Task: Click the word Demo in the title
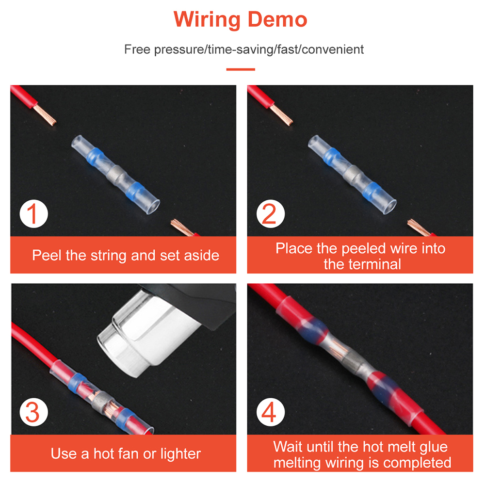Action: (277, 19)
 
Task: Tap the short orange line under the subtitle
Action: (241, 69)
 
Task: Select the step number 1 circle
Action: (34, 214)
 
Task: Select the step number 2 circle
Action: (270, 214)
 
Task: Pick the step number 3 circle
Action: (34, 412)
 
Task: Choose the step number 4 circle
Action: (270, 412)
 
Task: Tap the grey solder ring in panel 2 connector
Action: (351, 174)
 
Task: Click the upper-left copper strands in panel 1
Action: (45, 115)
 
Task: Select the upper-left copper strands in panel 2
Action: (281, 115)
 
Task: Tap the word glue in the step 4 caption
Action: (433, 447)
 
